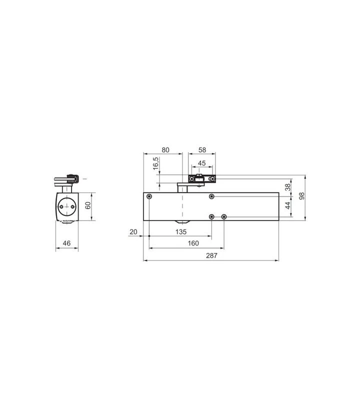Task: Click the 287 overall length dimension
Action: point(211,255)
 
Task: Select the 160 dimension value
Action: point(193,243)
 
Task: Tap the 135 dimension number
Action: point(181,232)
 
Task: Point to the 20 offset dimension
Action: point(133,232)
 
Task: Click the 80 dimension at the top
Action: point(165,150)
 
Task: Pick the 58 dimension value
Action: point(202,150)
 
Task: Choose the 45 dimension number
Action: point(201,163)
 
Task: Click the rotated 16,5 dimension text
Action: point(155,163)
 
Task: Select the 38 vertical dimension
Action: point(287,187)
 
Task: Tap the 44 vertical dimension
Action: point(287,205)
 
